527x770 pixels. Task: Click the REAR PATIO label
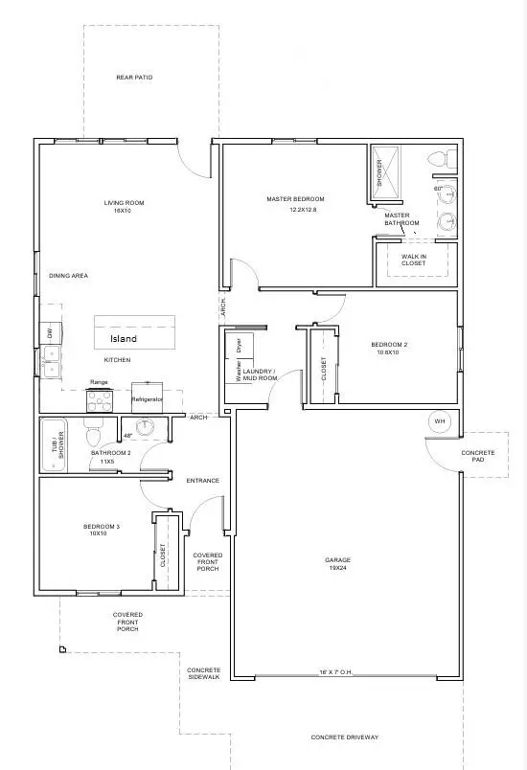(x=134, y=78)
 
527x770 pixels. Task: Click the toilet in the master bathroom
(x=439, y=158)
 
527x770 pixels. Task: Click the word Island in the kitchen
(x=123, y=339)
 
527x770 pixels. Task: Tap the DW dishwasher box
(x=48, y=333)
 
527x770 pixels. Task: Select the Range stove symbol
(x=100, y=401)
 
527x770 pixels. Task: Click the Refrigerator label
(x=147, y=398)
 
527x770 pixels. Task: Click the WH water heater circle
(x=440, y=421)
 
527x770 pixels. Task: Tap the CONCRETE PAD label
(x=477, y=456)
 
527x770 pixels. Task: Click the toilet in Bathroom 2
(x=93, y=437)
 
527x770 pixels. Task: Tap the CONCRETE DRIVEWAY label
(x=345, y=737)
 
